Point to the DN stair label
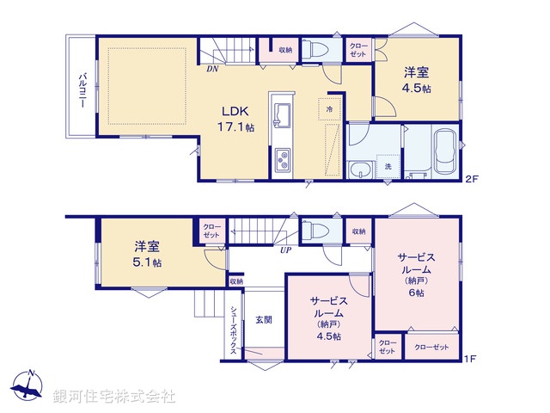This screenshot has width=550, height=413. click(211, 69)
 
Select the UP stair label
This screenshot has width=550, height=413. click(284, 250)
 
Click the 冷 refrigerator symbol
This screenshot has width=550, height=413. click(328, 109)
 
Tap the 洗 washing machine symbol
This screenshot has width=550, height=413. click(388, 165)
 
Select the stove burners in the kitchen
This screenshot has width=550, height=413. click(282, 159)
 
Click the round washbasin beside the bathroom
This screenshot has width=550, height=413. click(361, 169)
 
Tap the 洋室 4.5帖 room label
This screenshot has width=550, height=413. click(418, 81)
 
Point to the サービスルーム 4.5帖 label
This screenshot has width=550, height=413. click(329, 318)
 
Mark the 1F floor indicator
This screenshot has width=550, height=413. click(470, 358)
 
